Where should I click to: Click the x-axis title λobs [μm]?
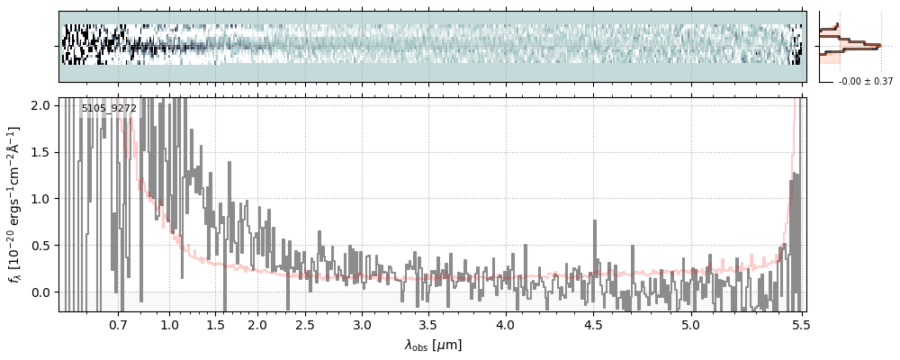432,345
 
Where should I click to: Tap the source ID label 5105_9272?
109,108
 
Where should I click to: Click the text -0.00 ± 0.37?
866,82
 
